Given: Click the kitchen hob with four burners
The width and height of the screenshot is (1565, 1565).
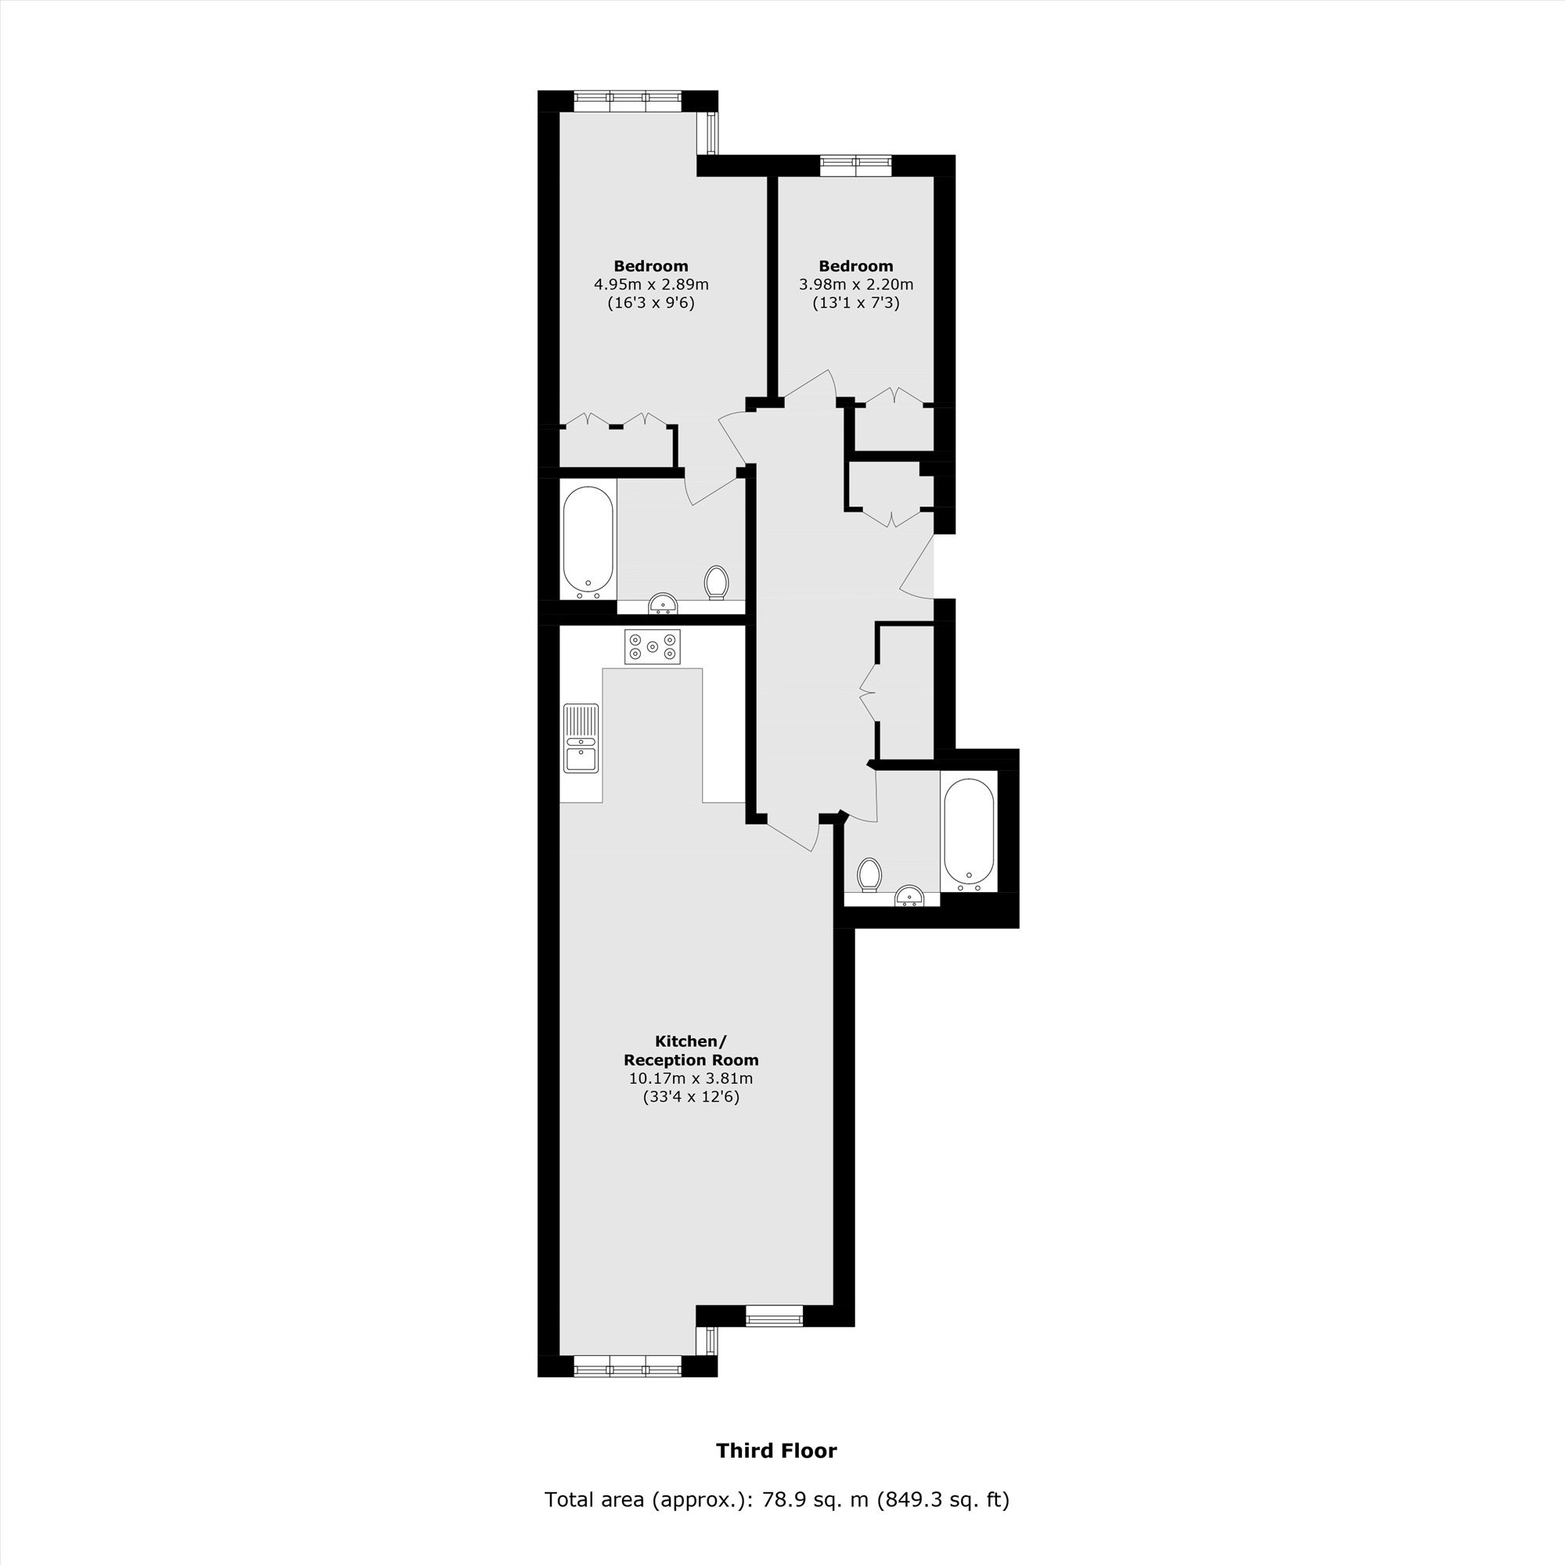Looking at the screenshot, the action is click(652, 646).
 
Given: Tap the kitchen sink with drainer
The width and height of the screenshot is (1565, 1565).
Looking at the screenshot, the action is click(581, 738).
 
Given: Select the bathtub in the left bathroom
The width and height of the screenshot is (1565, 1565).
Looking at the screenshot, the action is click(588, 541).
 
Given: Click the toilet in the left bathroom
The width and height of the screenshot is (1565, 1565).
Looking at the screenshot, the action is click(716, 582).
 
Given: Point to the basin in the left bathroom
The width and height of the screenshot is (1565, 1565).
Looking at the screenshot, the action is click(664, 603).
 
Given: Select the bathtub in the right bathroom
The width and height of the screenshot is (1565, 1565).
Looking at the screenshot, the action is click(968, 832).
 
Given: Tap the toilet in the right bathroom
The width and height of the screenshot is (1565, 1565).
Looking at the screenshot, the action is click(869, 875).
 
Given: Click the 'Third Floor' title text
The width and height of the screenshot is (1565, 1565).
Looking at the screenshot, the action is click(776, 1451).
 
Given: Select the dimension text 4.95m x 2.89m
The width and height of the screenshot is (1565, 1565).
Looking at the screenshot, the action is click(651, 284).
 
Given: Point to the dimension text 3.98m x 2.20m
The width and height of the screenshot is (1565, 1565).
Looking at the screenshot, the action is click(856, 284).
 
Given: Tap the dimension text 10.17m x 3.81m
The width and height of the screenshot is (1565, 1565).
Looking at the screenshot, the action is click(691, 1078).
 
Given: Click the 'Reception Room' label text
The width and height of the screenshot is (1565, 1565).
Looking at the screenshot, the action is click(691, 1060).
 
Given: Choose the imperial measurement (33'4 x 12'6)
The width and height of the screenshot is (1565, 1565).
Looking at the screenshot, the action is click(691, 1098).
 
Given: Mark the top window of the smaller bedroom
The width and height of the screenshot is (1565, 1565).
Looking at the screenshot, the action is click(856, 165).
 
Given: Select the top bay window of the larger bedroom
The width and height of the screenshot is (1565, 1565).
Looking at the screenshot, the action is click(628, 100).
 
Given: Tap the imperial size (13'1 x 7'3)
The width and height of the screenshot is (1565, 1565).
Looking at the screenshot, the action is click(856, 304).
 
